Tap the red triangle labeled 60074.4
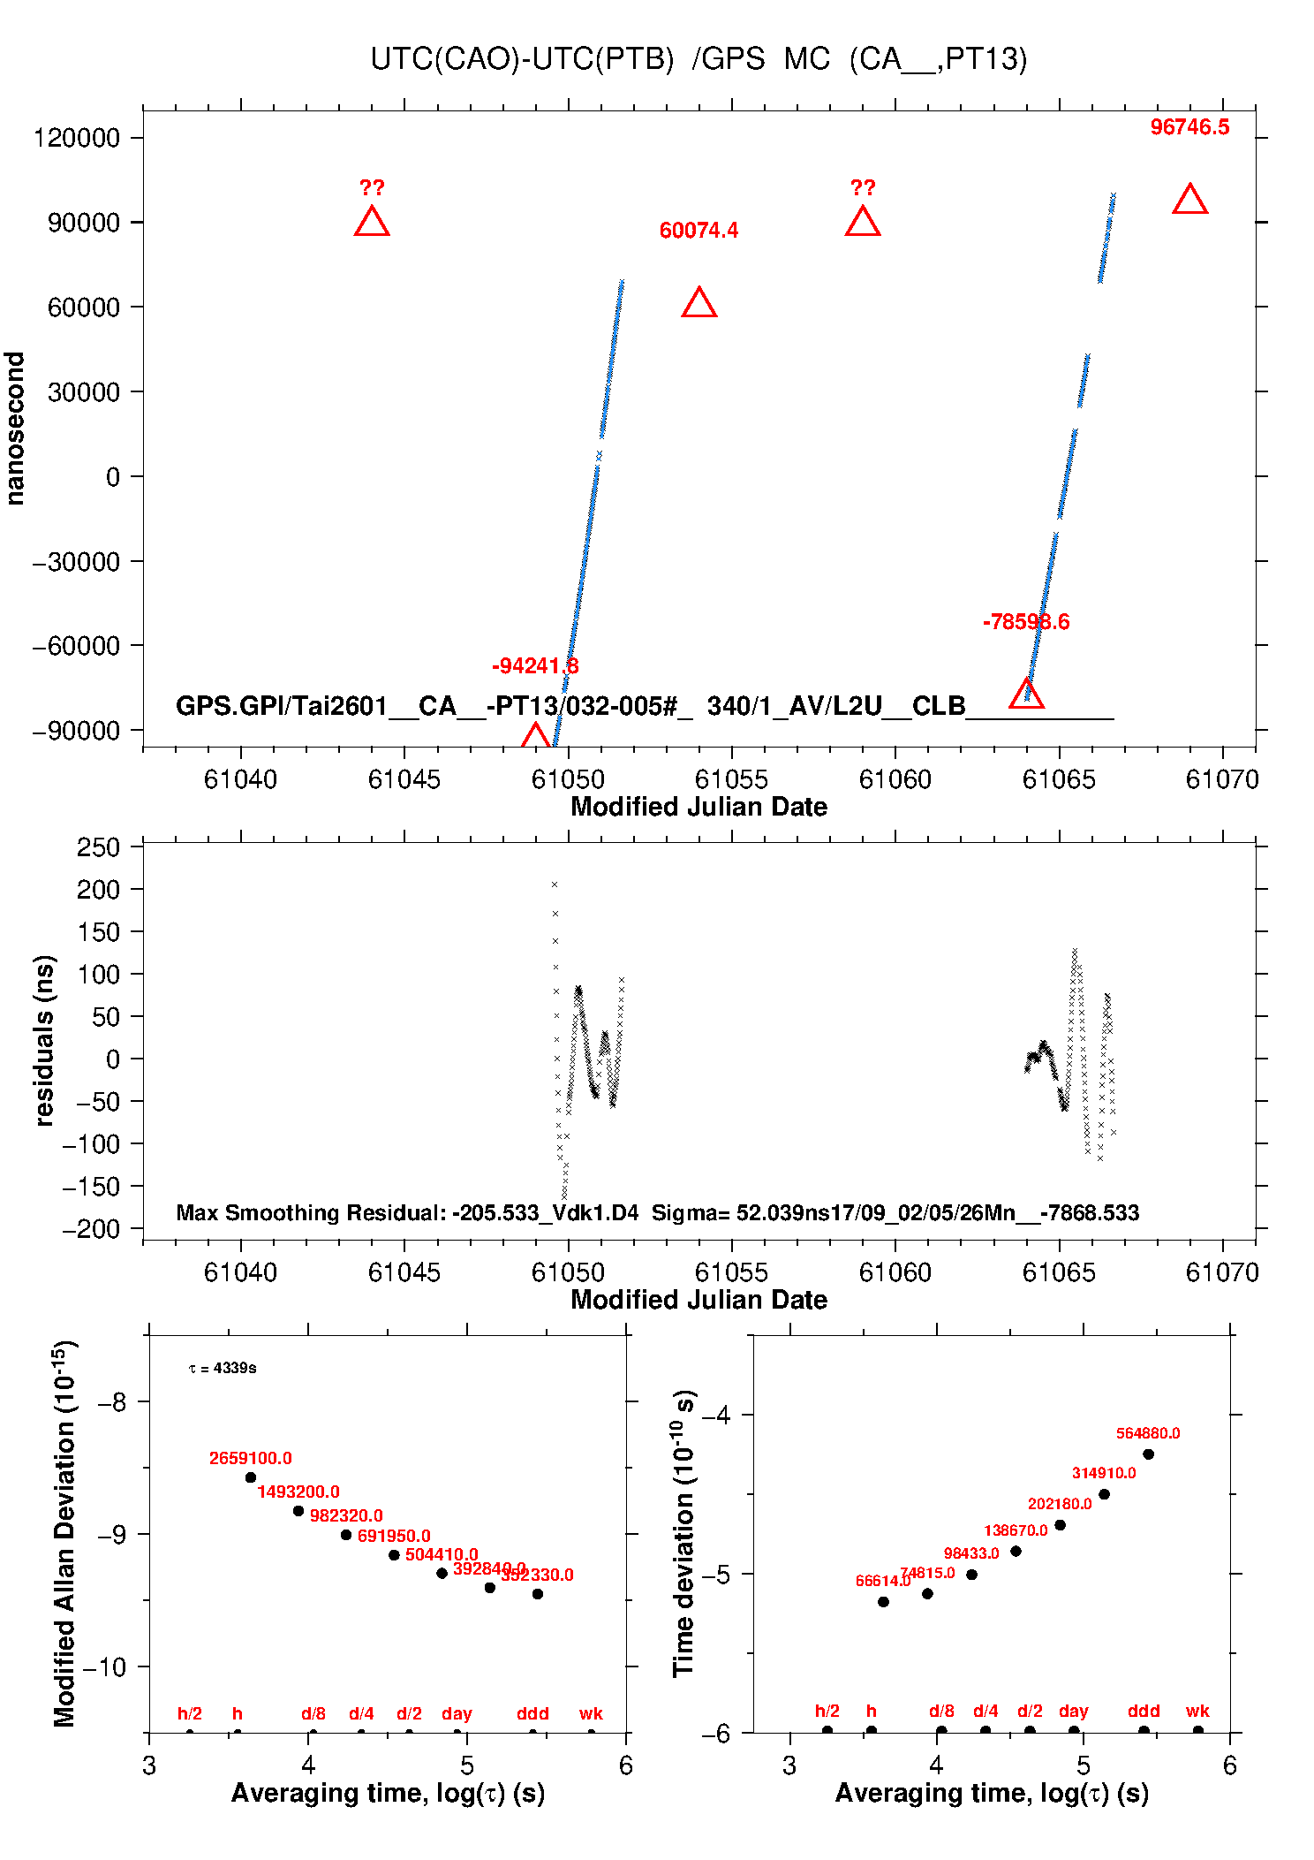[699, 304]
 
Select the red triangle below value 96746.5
[1189, 201]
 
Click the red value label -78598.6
[1025, 622]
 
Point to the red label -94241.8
[535, 666]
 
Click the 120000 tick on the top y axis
[77, 138]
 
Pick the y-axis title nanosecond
[15, 429]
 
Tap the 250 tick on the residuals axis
[98, 847]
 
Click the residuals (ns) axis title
[44, 1040]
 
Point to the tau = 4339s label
[223, 1368]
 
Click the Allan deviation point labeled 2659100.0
[251, 1477]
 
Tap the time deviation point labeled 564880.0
[1148, 1454]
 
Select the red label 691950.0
[394, 1536]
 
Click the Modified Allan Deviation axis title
[64, 1533]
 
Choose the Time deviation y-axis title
[684, 1533]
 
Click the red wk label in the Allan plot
[591, 1713]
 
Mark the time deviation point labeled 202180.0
[1060, 1525]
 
